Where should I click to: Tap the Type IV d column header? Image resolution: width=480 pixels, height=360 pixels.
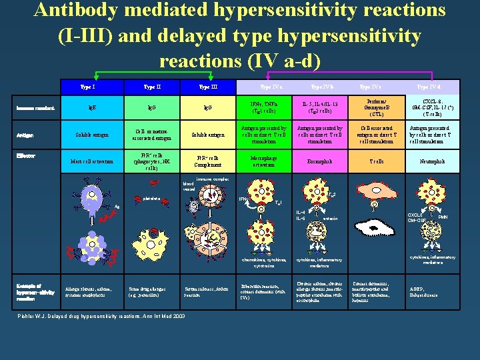coord(428,87)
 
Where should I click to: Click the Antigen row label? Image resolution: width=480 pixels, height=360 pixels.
coord(27,135)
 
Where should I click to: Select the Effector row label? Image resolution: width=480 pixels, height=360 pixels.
coord(27,156)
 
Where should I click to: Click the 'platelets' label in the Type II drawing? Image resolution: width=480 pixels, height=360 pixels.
coord(151,198)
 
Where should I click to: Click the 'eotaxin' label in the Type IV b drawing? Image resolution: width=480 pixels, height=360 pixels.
coord(329,218)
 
